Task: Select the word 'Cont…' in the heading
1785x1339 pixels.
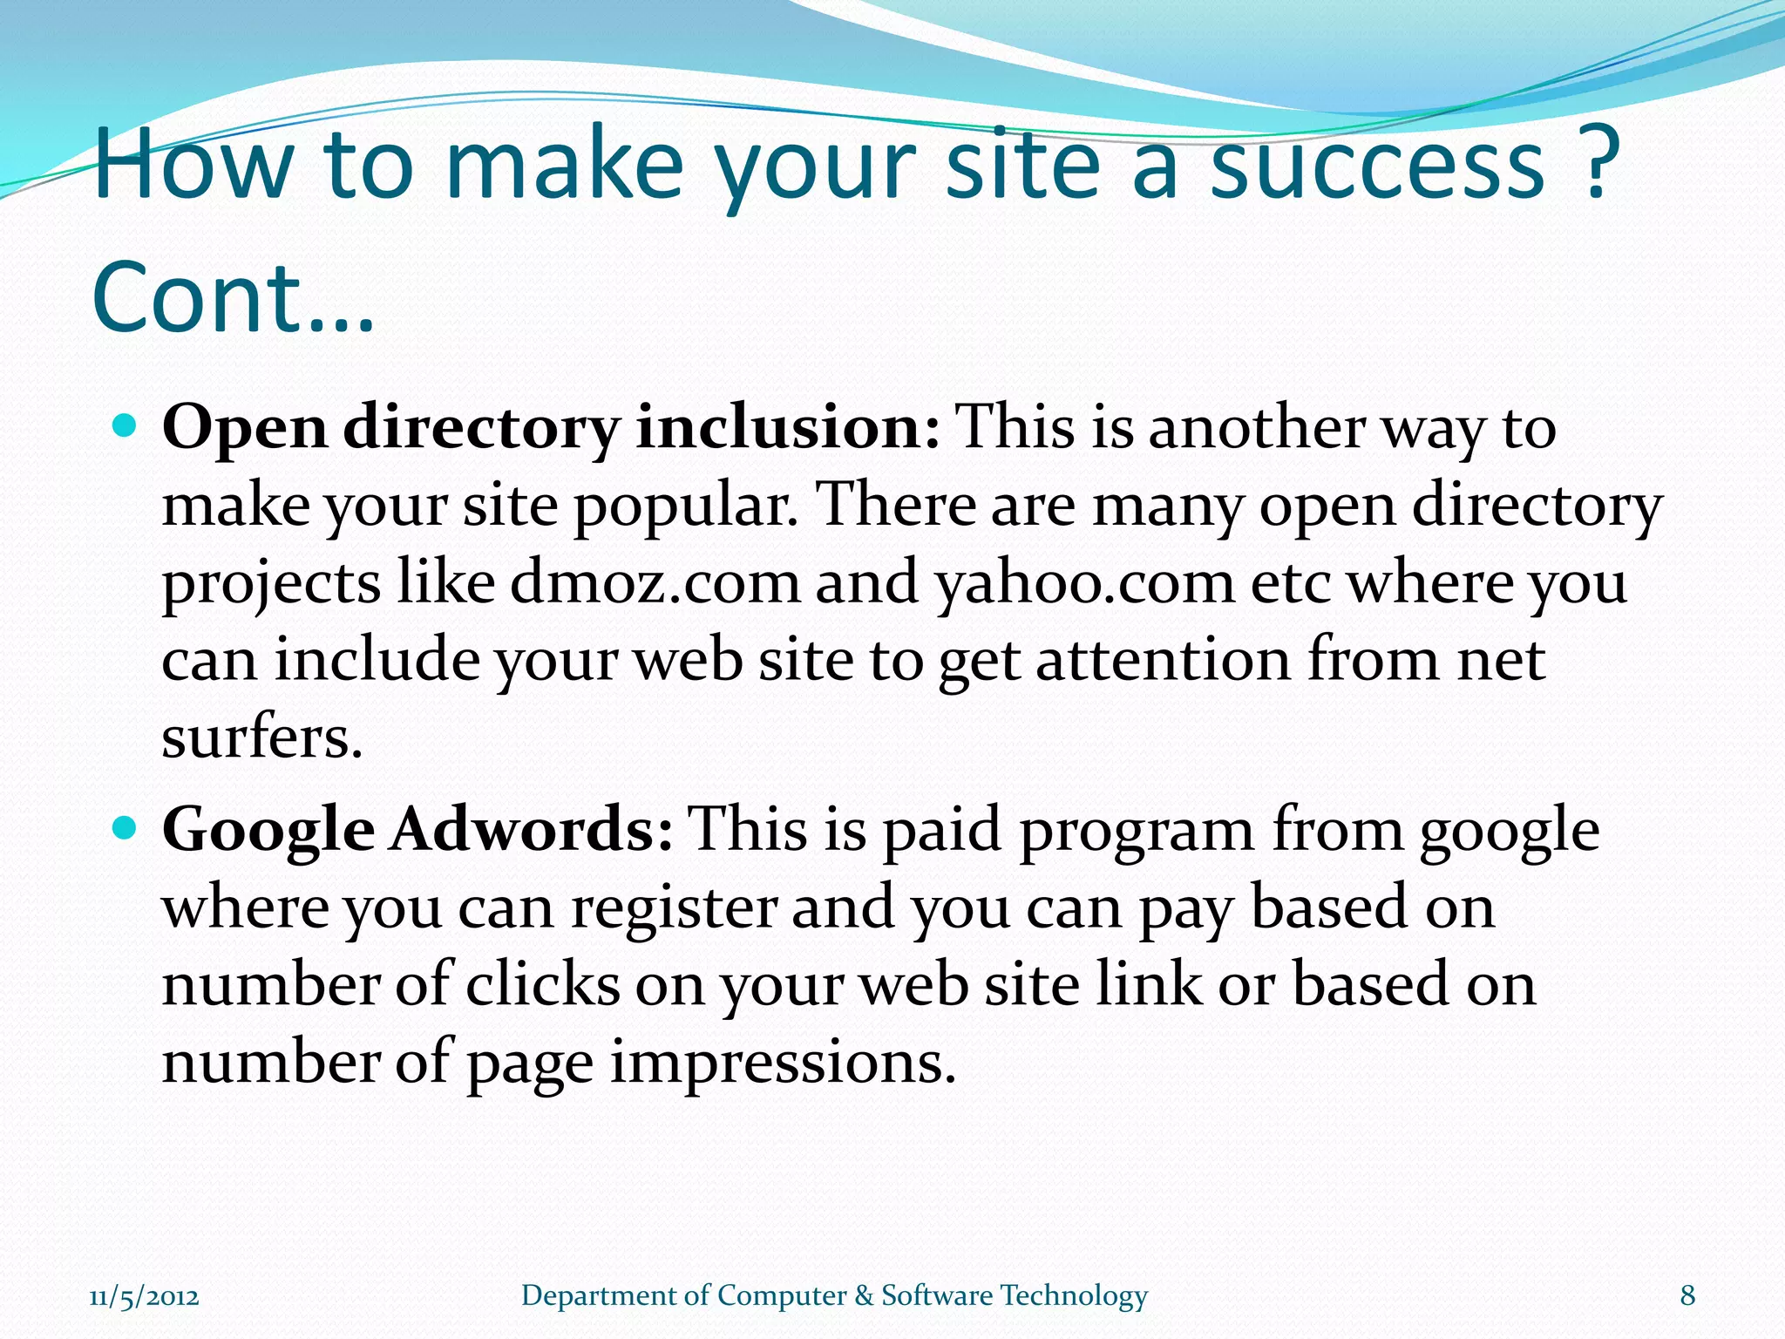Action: click(233, 298)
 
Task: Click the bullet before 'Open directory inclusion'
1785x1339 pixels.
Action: click(126, 426)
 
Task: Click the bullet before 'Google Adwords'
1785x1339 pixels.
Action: click(126, 828)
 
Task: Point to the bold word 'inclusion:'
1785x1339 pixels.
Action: click(788, 428)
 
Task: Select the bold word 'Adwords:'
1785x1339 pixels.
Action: click(531, 829)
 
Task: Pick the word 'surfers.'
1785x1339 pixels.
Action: click(261, 737)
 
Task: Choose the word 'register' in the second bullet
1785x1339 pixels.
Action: click(673, 908)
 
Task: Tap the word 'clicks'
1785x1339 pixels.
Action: click(542, 984)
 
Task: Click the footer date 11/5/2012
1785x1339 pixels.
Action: click(144, 1296)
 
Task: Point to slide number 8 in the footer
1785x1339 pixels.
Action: click(1687, 1295)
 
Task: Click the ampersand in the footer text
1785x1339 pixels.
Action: click(864, 1295)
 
